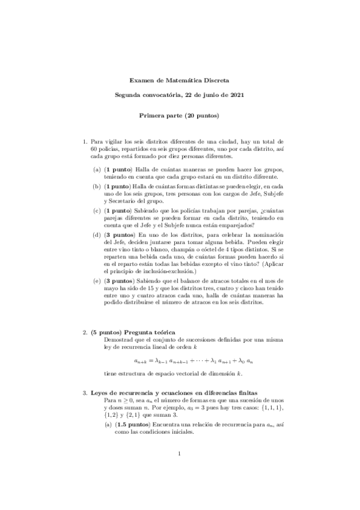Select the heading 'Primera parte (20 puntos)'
179,115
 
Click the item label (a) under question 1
96,170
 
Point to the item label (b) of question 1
96,187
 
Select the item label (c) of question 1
96,210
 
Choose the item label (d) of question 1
96,233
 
